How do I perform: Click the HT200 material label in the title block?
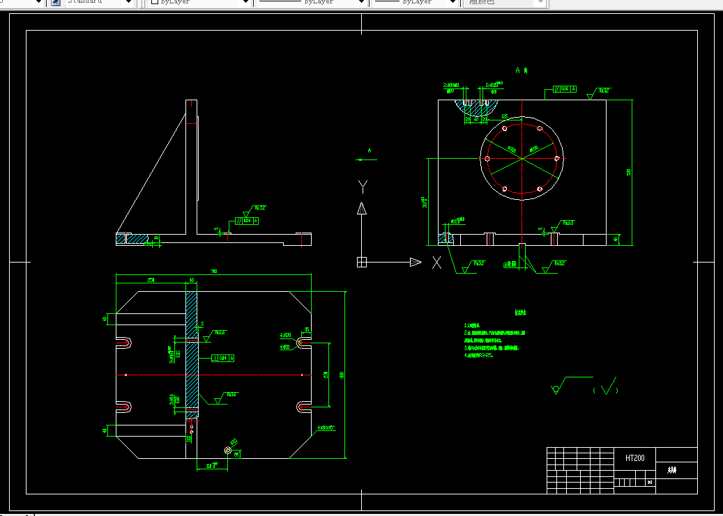(x=634, y=458)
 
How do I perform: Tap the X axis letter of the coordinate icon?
(x=437, y=263)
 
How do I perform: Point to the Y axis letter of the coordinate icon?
(x=362, y=185)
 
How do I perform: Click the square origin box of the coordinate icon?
(x=362, y=262)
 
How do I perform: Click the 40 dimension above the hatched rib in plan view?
(x=192, y=281)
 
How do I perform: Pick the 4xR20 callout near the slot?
(x=285, y=335)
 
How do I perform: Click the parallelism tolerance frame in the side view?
(x=247, y=221)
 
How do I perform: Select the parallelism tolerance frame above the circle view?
(x=565, y=89)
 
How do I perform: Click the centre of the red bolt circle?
(x=522, y=159)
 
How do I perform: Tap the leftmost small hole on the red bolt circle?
(x=487, y=159)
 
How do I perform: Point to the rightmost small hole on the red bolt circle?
(x=556, y=159)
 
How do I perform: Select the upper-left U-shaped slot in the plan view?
(x=124, y=343)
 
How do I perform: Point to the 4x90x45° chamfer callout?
(x=326, y=428)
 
